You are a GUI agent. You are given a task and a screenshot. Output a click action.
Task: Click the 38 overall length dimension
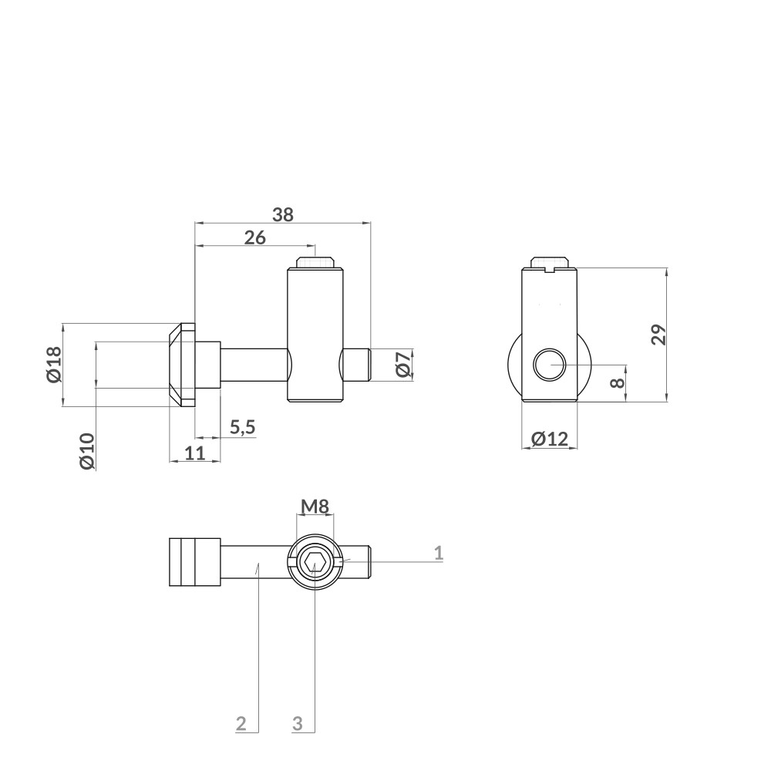point(283,215)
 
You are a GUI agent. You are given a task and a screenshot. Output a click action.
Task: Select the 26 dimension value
point(255,238)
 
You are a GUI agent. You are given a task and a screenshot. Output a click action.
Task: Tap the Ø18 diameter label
point(53,364)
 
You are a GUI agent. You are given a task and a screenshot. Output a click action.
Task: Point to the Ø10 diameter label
point(86,451)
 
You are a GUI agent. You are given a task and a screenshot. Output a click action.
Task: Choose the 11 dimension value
point(195,453)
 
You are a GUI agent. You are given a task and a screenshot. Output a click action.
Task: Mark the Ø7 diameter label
point(402,364)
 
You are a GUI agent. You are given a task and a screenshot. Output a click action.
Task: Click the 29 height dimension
point(658,335)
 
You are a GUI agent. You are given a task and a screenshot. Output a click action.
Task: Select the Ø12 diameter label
point(550,439)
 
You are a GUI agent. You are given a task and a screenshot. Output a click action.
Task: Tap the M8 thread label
point(315,507)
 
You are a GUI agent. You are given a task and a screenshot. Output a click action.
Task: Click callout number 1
point(438,552)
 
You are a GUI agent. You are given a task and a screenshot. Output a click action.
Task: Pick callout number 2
point(241,723)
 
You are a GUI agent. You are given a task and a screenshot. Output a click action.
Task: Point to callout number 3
point(298,723)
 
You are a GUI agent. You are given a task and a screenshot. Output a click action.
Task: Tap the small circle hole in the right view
point(549,364)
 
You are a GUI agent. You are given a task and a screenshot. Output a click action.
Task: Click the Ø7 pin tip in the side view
point(356,364)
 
